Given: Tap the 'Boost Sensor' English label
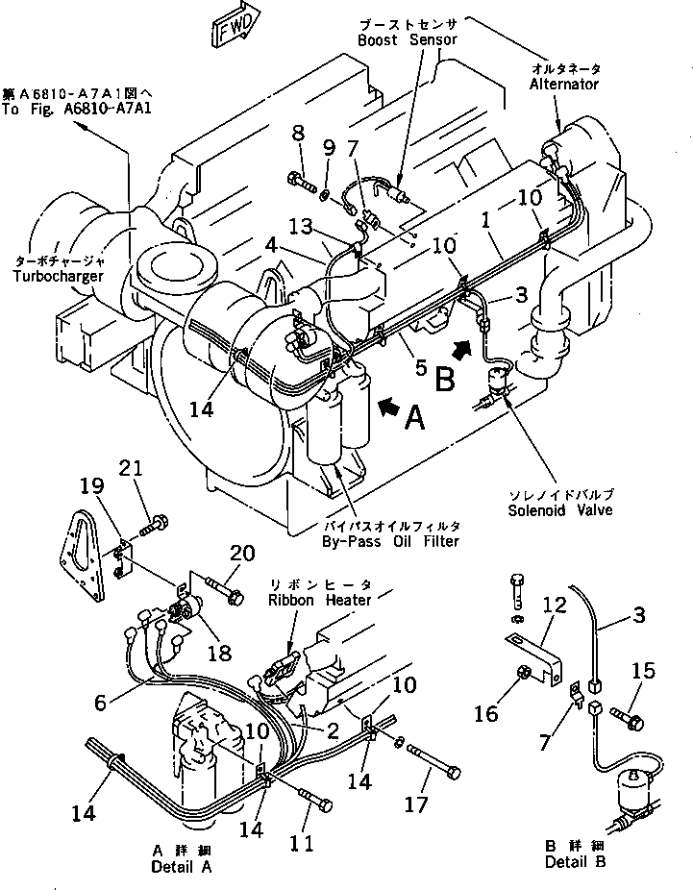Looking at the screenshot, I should (407, 40).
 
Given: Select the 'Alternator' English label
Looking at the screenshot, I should (563, 85).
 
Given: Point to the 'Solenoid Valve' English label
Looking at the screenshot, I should (562, 510).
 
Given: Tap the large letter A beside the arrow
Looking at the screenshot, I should (412, 418).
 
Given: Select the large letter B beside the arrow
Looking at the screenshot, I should (444, 381).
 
